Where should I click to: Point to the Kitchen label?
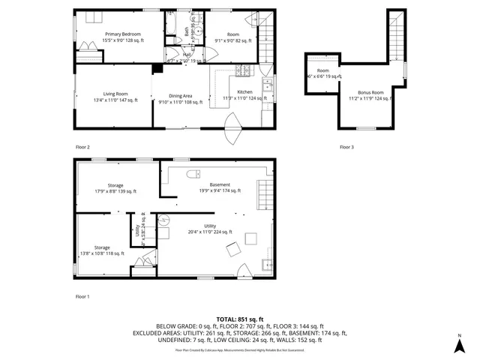click(x=245, y=94)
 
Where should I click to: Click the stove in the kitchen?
click(x=244, y=73)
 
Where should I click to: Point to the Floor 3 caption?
click(x=346, y=147)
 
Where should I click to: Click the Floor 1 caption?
click(x=82, y=297)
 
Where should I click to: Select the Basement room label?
click(x=220, y=187)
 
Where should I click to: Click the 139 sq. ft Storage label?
click(x=115, y=188)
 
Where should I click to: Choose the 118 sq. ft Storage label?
click(x=102, y=250)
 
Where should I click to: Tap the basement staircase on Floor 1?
click(x=263, y=195)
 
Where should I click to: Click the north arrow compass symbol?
click(x=458, y=345)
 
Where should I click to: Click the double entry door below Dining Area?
click(x=233, y=128)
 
